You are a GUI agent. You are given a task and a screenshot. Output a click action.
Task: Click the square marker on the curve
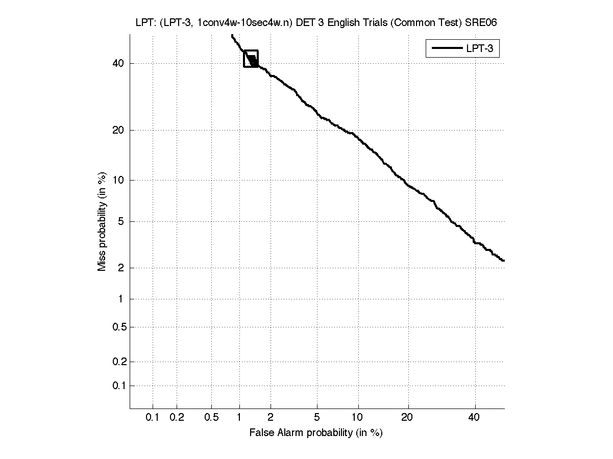tap(251, 59)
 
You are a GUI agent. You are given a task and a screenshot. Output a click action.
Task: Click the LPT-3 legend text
tap(481, 49)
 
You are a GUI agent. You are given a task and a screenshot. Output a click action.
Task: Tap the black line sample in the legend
tap(446, 49)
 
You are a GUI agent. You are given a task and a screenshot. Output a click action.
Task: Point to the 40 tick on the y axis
tap(118, 63)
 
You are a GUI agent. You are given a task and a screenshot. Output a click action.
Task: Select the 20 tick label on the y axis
tap(118, 130)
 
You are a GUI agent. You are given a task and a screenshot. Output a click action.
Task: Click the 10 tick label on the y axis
tap(118, 180)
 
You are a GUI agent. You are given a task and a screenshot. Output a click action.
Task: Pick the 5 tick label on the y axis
tap(120, 221)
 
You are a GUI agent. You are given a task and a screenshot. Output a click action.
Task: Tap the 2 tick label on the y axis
tap(120, 268)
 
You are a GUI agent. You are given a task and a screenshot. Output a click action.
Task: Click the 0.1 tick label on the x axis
tap(153, 418)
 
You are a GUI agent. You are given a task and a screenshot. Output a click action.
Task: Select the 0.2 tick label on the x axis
tap(177, 418)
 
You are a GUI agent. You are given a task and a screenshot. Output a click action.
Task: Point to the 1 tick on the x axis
tap(239, 418)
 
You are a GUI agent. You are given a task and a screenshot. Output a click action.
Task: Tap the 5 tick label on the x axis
tap(317, 418)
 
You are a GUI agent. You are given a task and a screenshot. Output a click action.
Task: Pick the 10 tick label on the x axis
tap(358, 418)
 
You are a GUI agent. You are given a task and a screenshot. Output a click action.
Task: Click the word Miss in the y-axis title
tap(102, 261)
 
